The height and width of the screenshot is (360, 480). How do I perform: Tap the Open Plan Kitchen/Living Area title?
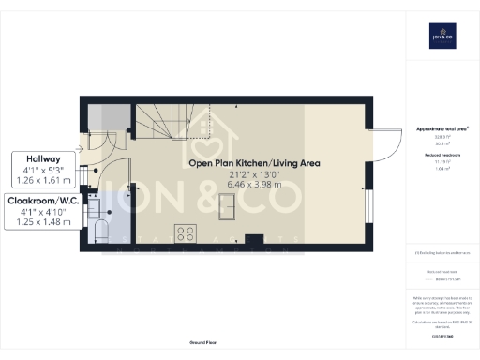pos(254,163)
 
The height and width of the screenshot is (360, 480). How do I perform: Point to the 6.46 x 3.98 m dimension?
pos(254,187)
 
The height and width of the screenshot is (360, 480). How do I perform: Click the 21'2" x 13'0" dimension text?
pos(254,175)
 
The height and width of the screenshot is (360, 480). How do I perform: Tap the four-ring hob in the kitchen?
pos(186,233)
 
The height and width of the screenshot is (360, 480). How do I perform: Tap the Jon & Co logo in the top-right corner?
pos(442,35)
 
